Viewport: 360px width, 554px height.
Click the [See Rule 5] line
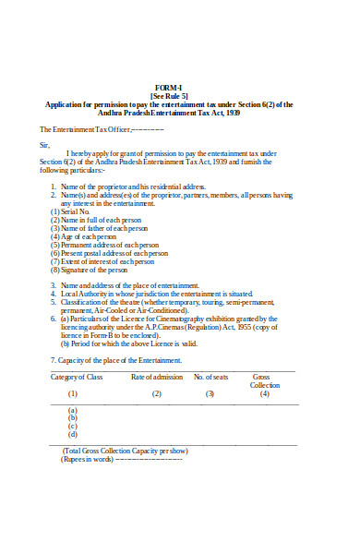tap(168, 95)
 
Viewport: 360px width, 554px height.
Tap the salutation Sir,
tap(44, 144)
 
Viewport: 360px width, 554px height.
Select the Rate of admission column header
tap(157, 377)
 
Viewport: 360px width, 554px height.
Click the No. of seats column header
tap(210, 377)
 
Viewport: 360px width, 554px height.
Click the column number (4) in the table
tap(265, 394)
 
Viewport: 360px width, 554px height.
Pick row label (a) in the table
tap(73, 410)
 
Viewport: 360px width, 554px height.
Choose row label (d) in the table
tap(73, 434)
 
